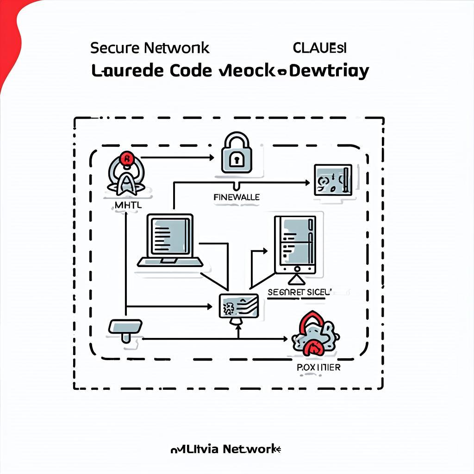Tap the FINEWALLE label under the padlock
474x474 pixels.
pos(237,197)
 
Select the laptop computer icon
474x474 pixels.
pos(170,241)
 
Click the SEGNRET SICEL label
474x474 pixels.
pos(300,293)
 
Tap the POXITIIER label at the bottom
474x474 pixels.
pos(318,367)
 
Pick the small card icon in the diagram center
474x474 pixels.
pos(238,306)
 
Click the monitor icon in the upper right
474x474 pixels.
pos(333,180)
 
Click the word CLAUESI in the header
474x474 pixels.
pos(320,47)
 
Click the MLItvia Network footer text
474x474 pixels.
pos(226,449)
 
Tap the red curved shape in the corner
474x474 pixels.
pos(12,37)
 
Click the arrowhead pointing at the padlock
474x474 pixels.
pos(210,157)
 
